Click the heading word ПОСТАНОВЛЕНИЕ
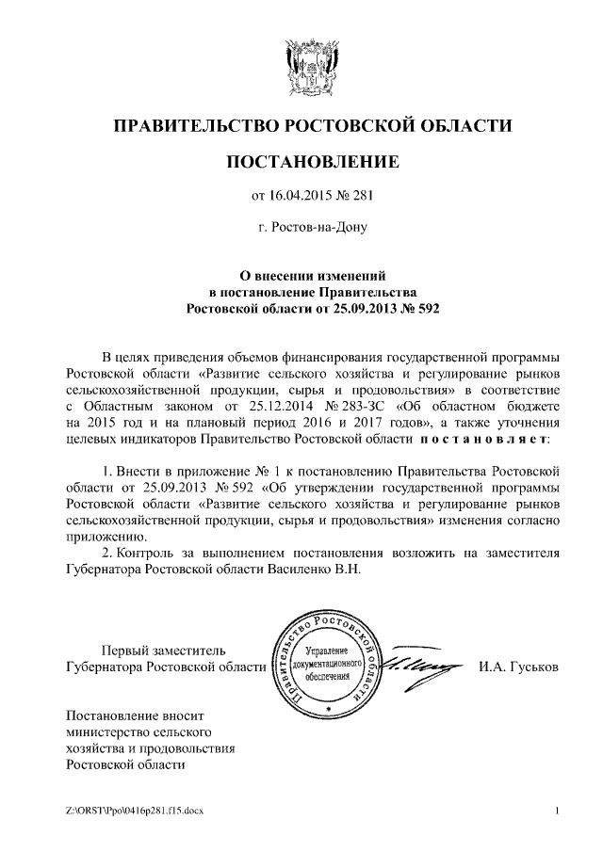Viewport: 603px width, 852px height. pos(314,163)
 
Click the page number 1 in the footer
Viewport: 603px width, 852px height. pos(559,811)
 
